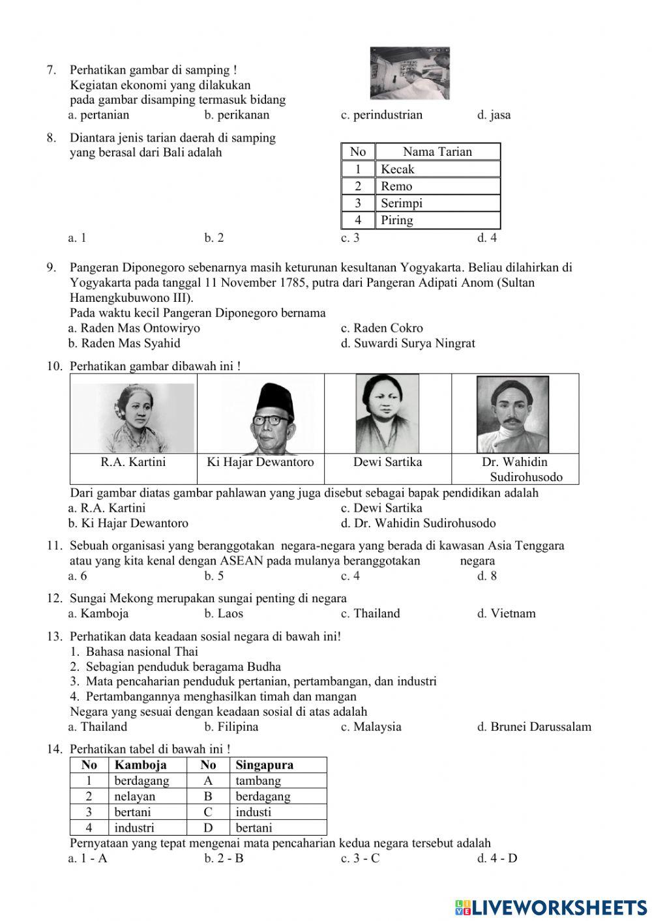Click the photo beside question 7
click(409, 73)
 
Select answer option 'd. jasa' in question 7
click(494, 115)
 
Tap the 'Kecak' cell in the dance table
click(398, 169)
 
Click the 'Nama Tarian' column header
click(437, 152)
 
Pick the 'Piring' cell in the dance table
click(397, 220)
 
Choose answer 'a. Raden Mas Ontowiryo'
click(134, 328)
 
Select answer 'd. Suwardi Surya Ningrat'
click(407, 344)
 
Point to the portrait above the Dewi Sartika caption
click(387, 414)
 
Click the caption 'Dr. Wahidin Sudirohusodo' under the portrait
click(515, 469)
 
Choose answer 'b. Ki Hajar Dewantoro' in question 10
click(128, 523)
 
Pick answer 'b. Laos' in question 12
click(223, 613)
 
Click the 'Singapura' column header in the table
click(264, 765)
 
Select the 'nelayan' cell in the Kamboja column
click(134, 797)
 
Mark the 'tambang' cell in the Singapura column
click(258, 781)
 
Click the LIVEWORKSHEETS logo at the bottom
click(551, 907)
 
